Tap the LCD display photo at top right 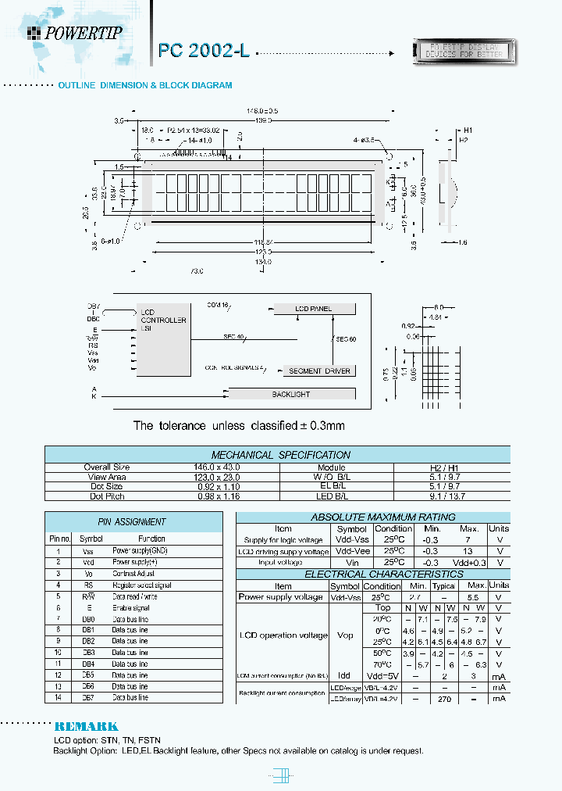[x=463, y=52]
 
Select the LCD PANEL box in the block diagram [x=314, y=309]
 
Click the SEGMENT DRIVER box [x=320, y=370]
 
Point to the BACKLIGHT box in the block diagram [x=291, y=395]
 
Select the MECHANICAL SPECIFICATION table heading [x=281, y=455]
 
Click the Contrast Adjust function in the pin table [x=134, y=573]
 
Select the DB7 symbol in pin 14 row [x=88, y=696]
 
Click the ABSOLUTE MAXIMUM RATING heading [x=372, y=517]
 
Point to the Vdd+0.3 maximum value [x=468, y=562]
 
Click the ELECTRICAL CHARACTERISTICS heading [x=372, y=574]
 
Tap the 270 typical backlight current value [x=445, y=700]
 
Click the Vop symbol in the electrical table [x=344, y=635]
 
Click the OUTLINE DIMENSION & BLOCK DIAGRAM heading [x=145, y=85]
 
